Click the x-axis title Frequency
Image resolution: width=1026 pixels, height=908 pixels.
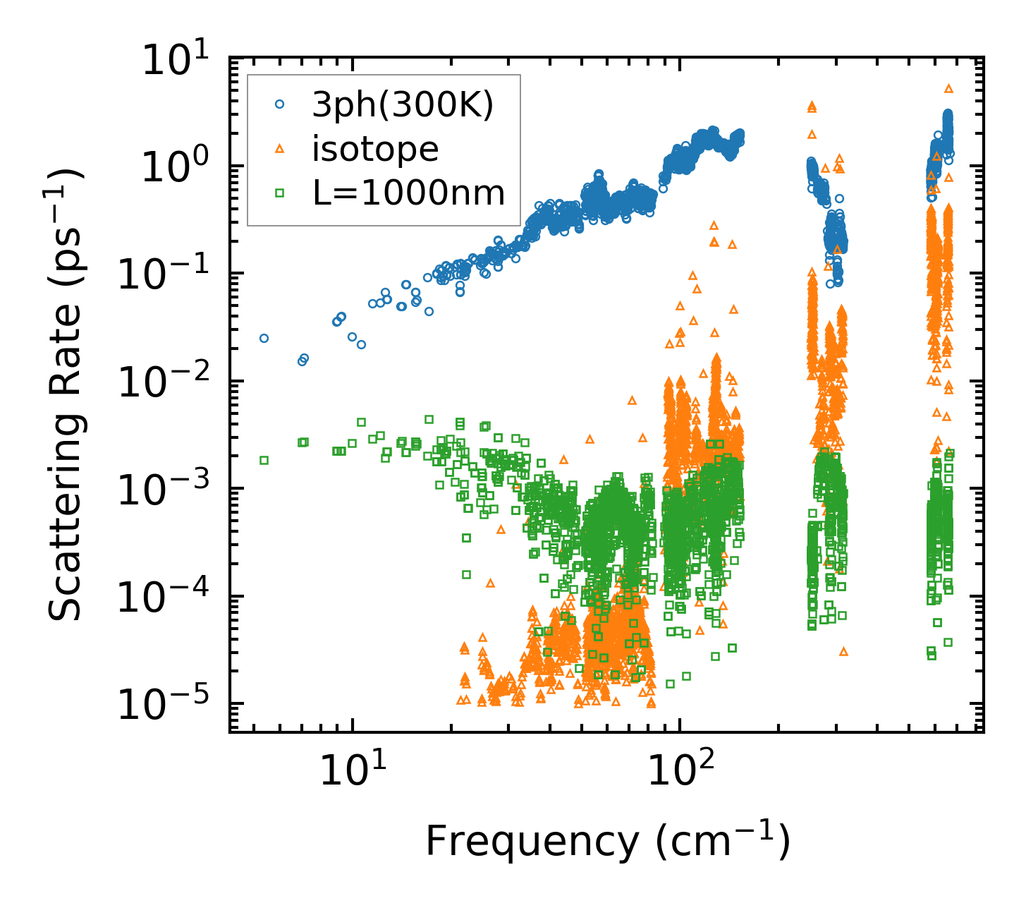point(606,841)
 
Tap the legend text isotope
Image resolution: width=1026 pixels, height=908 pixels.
point(376,149)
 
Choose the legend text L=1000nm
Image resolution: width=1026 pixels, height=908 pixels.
point(409,192)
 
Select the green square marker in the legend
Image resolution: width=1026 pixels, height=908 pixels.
point(280,192)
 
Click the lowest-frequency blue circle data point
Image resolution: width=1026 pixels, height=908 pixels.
point(264,338)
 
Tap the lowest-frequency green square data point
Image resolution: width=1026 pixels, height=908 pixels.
point(264,460)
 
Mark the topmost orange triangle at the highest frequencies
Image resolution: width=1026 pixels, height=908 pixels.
point(948,89)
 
